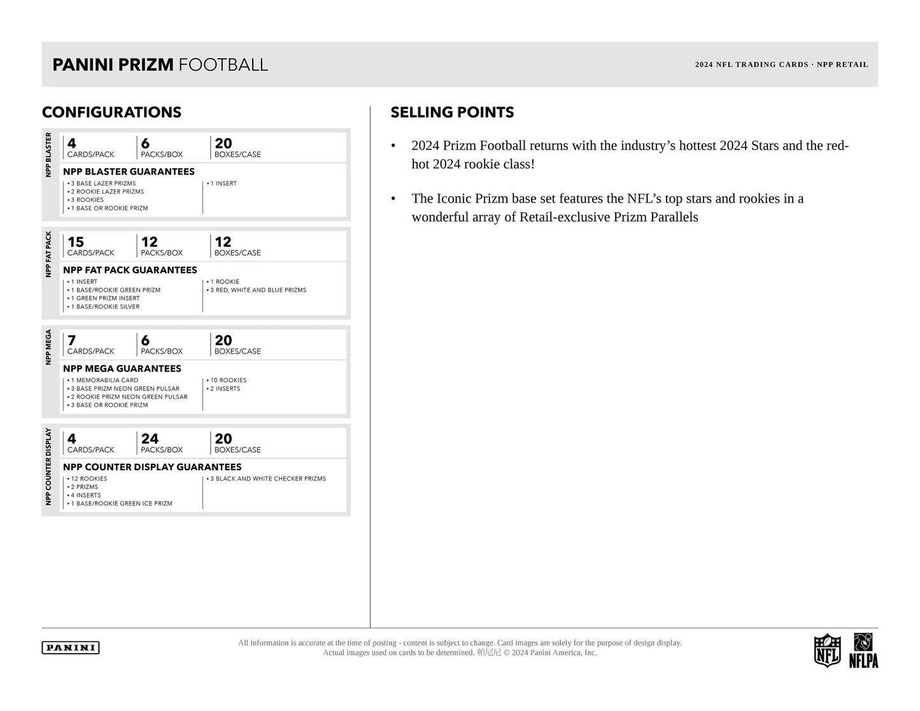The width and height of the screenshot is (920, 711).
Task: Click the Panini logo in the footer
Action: [71, 648]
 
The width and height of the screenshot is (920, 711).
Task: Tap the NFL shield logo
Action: [827, 650]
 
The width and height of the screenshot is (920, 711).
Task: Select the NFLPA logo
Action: [863, 651]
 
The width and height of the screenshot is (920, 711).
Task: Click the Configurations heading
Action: [111, 113]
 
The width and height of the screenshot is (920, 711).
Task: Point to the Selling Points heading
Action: [452, 113]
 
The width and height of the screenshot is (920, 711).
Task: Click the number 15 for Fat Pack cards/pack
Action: [76, 242]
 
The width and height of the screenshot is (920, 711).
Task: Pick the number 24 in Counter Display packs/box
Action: [150, 439]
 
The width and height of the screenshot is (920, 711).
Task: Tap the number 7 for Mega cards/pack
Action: [72, 341]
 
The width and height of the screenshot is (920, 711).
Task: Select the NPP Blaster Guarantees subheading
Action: [129, 171]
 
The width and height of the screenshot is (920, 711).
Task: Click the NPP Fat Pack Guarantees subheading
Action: [130, 270]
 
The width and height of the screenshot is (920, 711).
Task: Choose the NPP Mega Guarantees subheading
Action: [122, 369]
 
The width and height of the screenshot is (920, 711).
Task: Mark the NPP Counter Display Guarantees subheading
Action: [152, 467]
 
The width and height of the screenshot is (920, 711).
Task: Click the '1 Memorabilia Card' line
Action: [104, 380]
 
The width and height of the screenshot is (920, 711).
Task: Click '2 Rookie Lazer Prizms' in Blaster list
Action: [107, 192]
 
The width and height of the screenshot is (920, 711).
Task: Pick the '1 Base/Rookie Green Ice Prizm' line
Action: [121, 503]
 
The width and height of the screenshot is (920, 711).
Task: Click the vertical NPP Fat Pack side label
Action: [48, 254]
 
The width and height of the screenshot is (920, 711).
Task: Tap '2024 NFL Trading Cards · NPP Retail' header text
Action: [781, 64]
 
